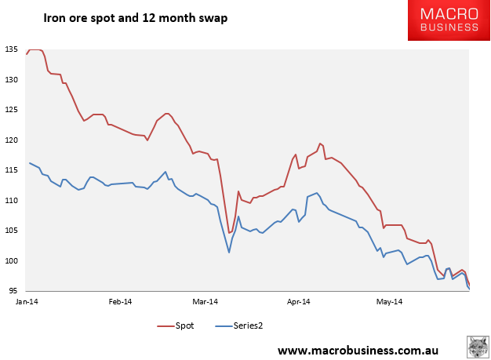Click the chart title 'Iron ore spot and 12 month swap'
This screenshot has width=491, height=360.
click(x=135, y=18)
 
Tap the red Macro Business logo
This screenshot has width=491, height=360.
click(x=449, y=20)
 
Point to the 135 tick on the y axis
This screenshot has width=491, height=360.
click(x=11, y=49)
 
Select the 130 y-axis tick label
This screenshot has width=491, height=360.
click(x=11, y=79)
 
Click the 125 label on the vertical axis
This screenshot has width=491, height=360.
click(x=11, y=110)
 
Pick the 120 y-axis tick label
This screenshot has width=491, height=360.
click(x=11, y=140)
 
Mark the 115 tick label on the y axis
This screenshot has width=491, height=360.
click(x=11, y=170)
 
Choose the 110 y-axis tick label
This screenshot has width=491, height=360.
click(x=11, y=200)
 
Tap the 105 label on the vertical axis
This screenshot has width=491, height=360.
click(x=11, y=231)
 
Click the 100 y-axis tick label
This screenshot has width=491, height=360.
click(x=11, y=260)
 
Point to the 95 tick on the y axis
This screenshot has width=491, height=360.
click(x=13, y=291)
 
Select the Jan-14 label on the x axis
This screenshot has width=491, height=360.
click(x=27, y=302)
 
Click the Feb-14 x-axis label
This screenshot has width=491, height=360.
click(x=120, y=302)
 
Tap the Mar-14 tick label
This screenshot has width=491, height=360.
click(x=205, y=302)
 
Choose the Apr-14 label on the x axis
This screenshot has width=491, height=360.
click(x=298, y=302)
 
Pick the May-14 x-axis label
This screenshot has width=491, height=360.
click(x=389, y=302)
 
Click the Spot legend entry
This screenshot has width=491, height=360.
click(x=176, y=325)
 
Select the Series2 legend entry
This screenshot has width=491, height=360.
click(x=239, y=325)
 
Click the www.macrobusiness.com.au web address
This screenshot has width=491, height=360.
click(x=358, y=351)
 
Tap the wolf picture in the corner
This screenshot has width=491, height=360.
click(x=478, y=347)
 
